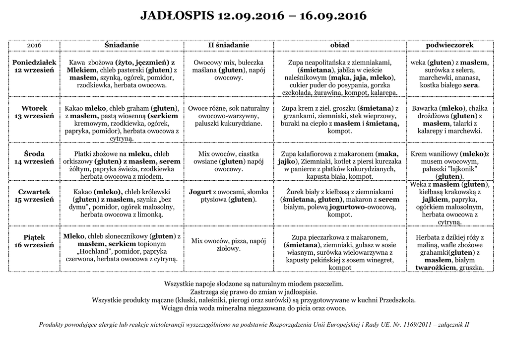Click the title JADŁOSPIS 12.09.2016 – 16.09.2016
click(254, 16)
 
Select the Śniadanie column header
click(122, 45)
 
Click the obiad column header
click(340, 45)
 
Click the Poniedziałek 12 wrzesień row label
click(34, 67)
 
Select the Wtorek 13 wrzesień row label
click(34, 112)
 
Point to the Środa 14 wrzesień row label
click(34, 158)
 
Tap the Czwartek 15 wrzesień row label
click(34, 196)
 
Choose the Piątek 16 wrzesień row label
click(34, 241)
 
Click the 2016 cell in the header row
click(34, 45)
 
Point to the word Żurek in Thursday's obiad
click(297, 192)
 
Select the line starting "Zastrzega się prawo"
click(254, 291)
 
